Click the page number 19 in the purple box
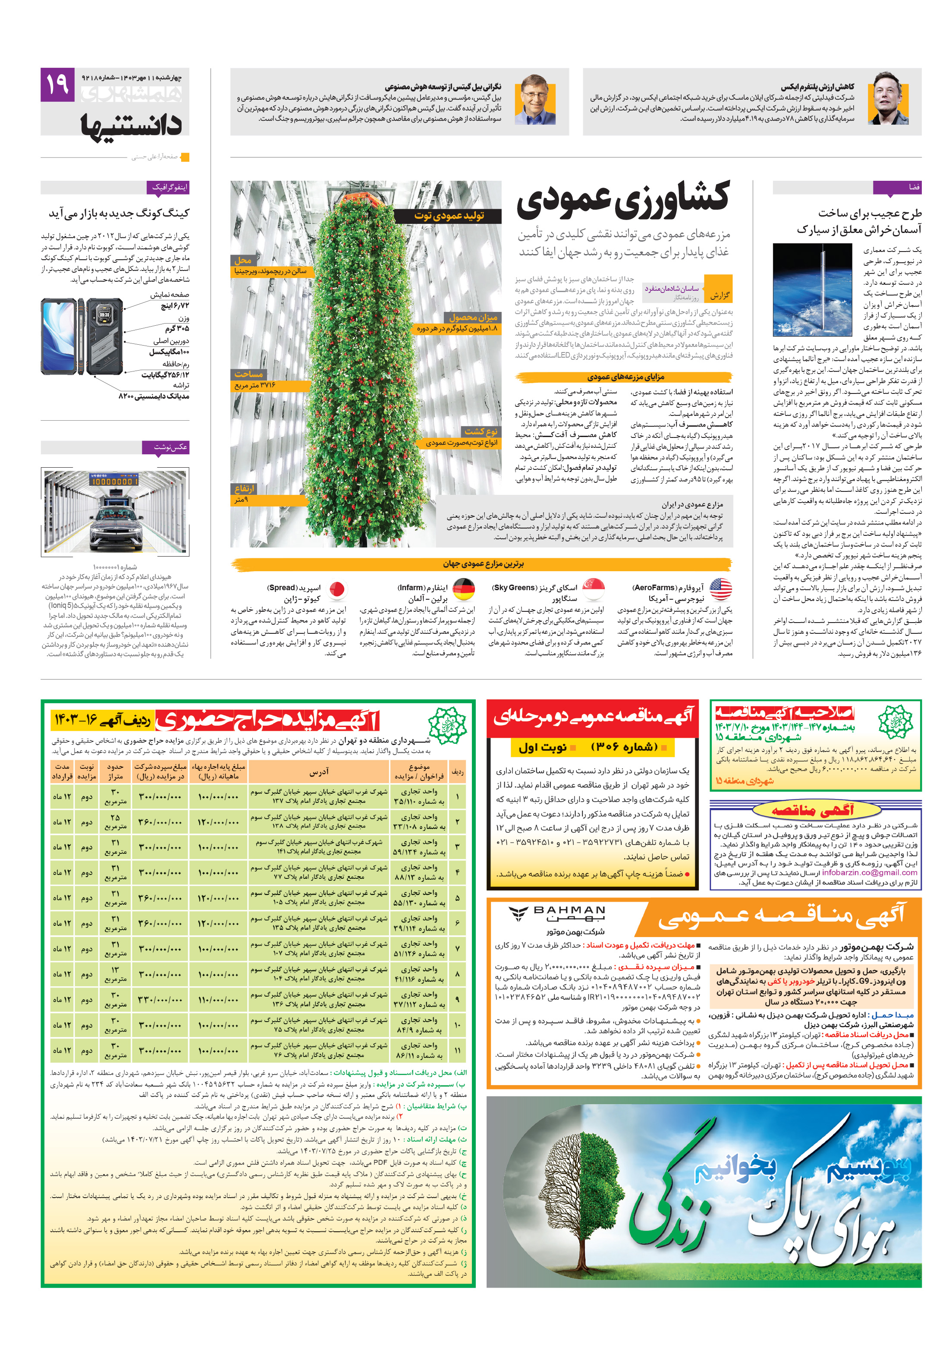pyautogui.click(x=57, y=85)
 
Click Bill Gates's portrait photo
pyautogui.click(x=534, y=99)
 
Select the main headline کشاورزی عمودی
pyautogui.click(x=622, y=199)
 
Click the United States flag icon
pyautogui.click(x=720, y=588)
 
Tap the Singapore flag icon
pyautogui.click(x=593, y=588)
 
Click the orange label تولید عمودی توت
pyautogui.click(x=448, y=216)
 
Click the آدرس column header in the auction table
pyautogui.click(x=318, y=771)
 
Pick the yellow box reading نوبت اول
pyautogui.click(x=541, y=748)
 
